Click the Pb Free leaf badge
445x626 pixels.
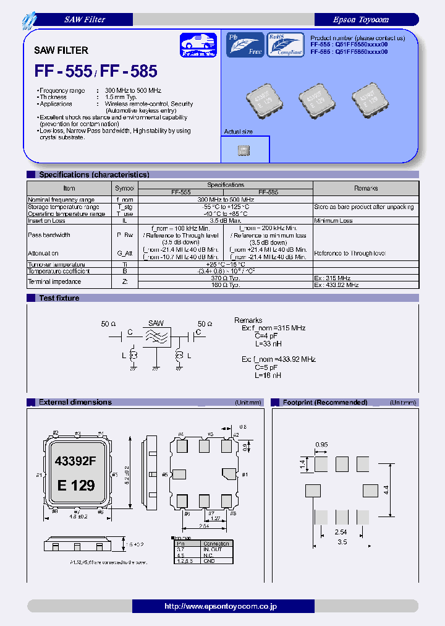(245, 45)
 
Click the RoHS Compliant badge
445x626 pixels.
(285, 45)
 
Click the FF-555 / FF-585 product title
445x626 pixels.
(96, 72)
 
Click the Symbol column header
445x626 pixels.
(124, 188)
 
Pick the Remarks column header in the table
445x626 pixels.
(366, 188)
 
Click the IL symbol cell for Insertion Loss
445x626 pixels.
(124, 220)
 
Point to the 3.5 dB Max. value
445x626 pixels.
(225, 220)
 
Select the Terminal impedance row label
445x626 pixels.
(54, 281)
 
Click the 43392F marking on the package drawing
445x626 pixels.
(75, 461)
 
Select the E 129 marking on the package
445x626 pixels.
(75, 486)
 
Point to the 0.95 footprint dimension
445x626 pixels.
(322, 444)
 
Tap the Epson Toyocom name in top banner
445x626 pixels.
(361, 20)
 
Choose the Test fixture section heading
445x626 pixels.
(59, 298)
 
